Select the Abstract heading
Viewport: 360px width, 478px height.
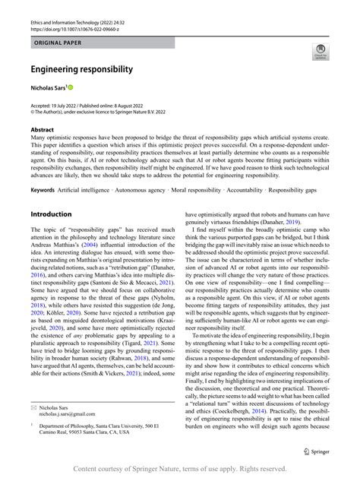click(x=42, y=131)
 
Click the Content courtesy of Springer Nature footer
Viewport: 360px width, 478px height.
click(x=179, y=469)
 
